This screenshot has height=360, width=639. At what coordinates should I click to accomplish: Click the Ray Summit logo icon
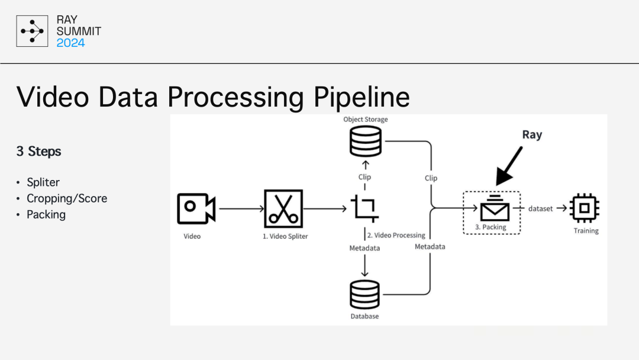(x=32, y=31)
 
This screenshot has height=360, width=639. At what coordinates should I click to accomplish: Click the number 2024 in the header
(x=70, y=43)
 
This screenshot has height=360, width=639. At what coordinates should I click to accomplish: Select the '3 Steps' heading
(x=39, y=152)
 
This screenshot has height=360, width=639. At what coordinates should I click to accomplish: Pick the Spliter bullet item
(x=43, y=182)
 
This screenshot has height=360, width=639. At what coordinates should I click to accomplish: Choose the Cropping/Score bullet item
(x=67, y=198)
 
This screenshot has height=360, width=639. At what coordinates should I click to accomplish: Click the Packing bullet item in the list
(x=46, y=214)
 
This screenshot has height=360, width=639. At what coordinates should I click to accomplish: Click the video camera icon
(x=196, y=208)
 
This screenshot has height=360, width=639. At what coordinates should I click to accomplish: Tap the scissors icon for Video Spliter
(x=283, y=208)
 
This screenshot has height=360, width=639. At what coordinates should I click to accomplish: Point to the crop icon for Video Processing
(x=364, y=208)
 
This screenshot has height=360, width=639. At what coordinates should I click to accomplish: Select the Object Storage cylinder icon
(x=364, y=142)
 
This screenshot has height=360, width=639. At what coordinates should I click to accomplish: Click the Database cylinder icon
(x=364, y=294)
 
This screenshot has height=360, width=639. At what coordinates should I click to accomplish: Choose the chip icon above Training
(x=585, y=208)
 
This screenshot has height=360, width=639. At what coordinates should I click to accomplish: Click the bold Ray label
(x=531, y=135)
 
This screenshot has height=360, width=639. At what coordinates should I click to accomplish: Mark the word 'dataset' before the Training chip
(x=540, y=208)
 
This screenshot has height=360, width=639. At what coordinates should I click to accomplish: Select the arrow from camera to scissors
(x=240, y=208)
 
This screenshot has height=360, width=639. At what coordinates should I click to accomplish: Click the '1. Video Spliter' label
(x=285, y=236)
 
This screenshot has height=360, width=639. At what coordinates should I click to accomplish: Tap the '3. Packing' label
(x=491, y=227)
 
